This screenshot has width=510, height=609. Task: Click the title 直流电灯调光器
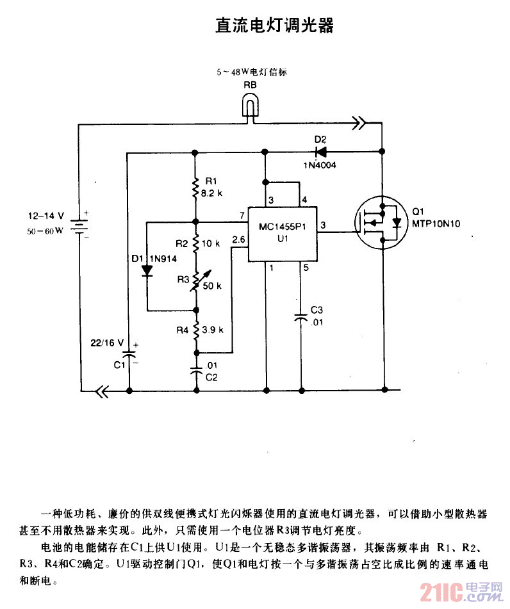click(274, 26)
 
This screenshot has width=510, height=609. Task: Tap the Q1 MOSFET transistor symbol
click(383, 223)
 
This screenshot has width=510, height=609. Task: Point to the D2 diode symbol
click(320, 152)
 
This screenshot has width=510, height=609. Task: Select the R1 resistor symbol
click(195, 188)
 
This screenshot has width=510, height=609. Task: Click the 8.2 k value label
click(211, 192)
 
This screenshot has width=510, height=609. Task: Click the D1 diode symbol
click(147, 269)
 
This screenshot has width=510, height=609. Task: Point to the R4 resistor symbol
click(195, 330)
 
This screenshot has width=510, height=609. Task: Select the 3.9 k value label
click(212, 330)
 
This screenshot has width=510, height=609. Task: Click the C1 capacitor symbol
click(129, 353)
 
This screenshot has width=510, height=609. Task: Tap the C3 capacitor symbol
click(300, 316)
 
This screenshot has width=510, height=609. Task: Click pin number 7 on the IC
click(241, 214)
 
